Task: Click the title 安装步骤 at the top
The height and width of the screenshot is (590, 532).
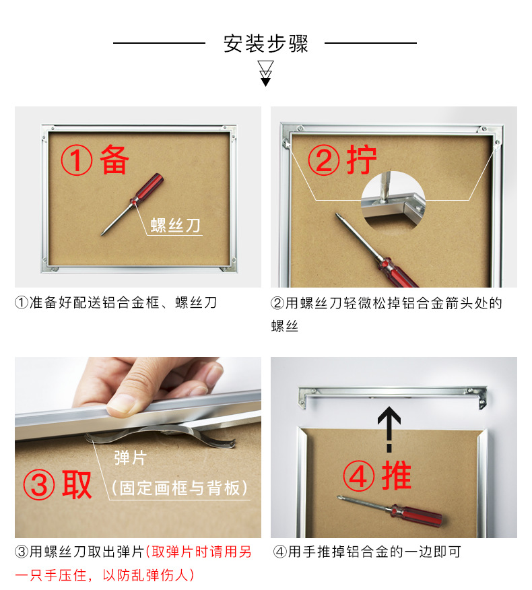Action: click(x=265, y=44)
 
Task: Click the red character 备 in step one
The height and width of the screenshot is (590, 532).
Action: click(x=114, y=160)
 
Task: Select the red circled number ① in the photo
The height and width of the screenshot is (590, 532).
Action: click(x=76, y=160)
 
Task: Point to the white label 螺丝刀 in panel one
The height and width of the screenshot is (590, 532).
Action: click(x=175, y=226)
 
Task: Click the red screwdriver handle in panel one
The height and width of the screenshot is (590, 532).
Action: click(x=148, y=188)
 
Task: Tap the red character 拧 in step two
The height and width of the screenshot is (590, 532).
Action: click(x=362, y=160)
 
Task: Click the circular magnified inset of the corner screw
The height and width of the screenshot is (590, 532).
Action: click(x=393, y=201)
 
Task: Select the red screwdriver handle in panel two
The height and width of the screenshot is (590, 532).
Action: click(x=397, y=273)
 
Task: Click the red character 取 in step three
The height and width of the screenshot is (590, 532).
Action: click(x=77, y=485)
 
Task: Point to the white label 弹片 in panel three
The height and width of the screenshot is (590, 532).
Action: click(x=131, y=458)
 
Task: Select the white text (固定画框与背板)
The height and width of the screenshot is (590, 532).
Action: click(x=180, y=488)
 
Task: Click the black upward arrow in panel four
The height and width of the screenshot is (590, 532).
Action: click(x=389, y=429)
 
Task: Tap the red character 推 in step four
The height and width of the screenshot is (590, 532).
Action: click(x=397, y=476)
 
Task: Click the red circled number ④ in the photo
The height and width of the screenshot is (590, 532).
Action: click(x=358, y=476)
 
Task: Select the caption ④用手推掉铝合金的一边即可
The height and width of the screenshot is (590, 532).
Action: click(x=367, y=552)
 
